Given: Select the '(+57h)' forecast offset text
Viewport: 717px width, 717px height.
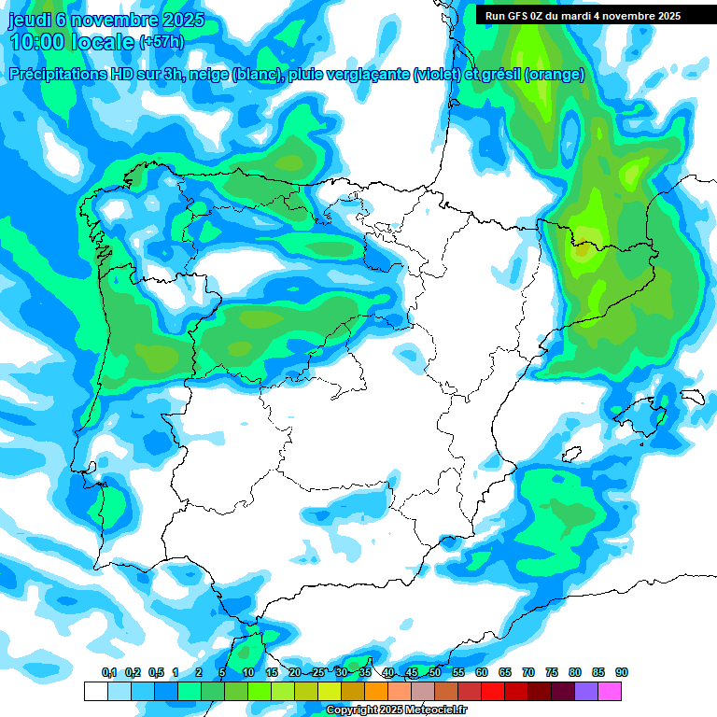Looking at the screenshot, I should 162,42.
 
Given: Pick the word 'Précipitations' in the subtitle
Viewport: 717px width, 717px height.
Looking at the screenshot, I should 57,75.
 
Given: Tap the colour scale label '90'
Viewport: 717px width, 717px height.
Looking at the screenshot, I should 622,673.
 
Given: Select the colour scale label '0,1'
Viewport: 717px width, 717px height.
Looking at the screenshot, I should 109,673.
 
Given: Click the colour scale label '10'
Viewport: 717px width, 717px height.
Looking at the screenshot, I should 248,673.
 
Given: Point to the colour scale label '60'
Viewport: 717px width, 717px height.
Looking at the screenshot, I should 482,673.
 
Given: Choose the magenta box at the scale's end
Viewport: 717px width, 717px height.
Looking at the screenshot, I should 610,691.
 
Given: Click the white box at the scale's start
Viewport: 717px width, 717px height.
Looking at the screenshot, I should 95,691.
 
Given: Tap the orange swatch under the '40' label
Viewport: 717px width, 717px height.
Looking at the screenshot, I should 376,691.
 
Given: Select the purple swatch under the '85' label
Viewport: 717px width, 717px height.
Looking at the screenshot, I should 586,691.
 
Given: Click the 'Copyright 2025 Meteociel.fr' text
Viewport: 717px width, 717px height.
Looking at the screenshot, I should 396,710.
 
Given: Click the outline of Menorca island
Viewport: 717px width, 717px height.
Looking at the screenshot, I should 692,396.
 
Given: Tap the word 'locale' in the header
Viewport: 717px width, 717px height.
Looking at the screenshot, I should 102,41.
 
